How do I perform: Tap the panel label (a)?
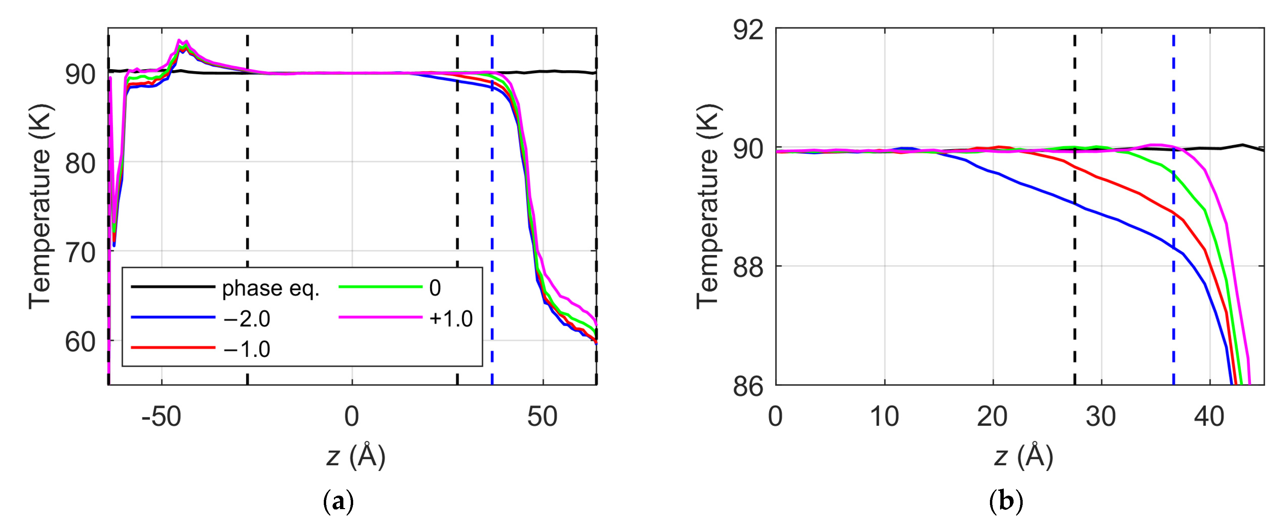[339, 502]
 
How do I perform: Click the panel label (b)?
[1005, 502]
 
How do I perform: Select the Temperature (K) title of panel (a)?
[40, 206]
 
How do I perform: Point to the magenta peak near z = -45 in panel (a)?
[179, 41]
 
